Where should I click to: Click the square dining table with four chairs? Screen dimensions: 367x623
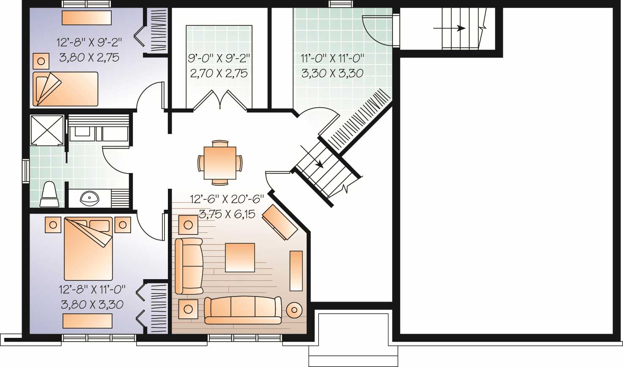(220, 163)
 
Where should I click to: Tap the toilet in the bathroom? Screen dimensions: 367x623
(50, 195)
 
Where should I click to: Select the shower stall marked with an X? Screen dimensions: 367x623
(47, 130)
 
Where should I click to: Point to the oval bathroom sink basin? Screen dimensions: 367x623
(89, 197)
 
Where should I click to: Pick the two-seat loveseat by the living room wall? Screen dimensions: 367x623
(189, 266)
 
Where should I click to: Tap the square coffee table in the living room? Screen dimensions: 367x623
(240, 257)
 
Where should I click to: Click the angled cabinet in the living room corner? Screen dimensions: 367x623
(280, 222)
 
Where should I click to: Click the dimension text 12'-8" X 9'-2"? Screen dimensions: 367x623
(89, 42)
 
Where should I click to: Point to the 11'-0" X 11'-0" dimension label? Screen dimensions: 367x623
(332, 58)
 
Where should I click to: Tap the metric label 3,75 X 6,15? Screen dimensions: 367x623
(227, 214)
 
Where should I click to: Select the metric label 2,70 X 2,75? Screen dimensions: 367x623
(219, 73)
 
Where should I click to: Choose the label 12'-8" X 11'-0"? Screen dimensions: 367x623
(93, 289)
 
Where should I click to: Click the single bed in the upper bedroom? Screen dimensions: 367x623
(66, 89)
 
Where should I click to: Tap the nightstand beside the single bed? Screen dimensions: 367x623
(41, 61)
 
